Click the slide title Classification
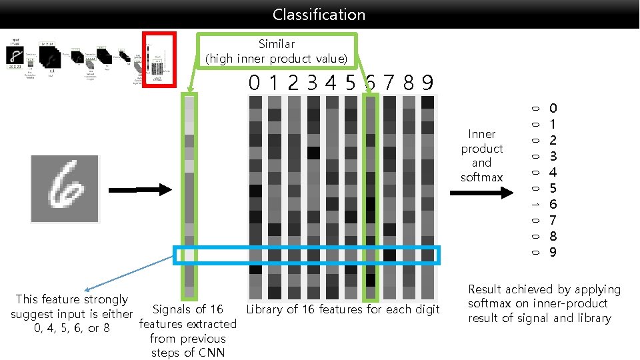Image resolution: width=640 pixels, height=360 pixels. click(319, 14)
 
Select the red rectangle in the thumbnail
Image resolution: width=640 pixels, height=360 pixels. click(158, 59)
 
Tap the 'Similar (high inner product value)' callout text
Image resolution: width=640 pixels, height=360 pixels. click(276, 51)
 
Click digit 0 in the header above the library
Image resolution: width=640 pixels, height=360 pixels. click(254, 83)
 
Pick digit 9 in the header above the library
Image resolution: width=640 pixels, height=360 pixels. click(427, 83)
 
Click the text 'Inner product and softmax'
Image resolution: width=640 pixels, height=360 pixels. click(481, 155)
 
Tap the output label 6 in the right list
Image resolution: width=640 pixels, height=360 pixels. click(553, 204)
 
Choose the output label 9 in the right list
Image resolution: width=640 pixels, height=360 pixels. click(553, 252)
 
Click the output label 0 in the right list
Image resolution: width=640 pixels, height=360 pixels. click(553, 108)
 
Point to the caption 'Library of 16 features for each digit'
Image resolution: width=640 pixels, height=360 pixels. click(343, 309)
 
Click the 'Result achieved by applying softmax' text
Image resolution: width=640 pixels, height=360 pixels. click(543, 303)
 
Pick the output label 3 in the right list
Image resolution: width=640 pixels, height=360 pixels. click(553, 156)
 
